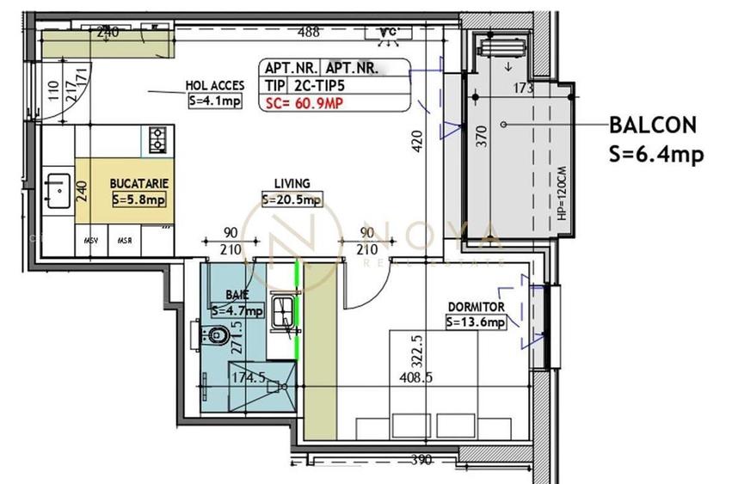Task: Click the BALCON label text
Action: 653,124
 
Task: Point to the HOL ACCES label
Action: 215,86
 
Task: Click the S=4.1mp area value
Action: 214,101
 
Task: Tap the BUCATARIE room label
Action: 138,184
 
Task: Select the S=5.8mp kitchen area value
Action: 138,199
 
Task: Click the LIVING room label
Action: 292,184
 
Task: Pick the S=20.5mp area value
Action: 292,199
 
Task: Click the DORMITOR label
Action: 476,307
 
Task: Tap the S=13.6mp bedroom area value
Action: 476,322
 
